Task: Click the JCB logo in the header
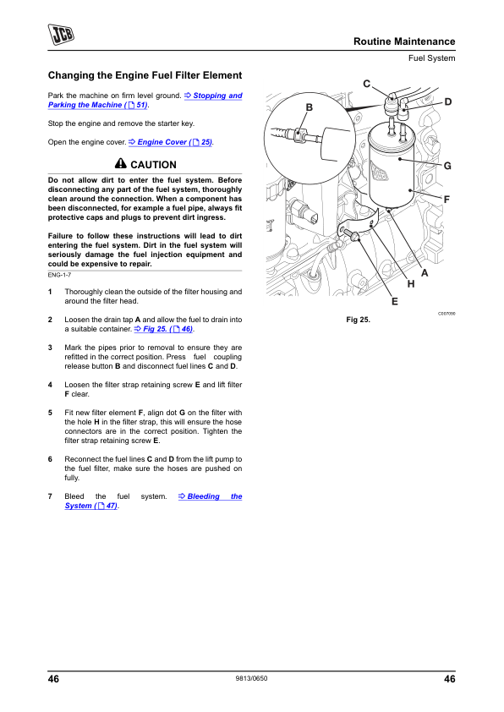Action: [61, 35]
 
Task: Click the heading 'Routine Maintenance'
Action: [404, 41]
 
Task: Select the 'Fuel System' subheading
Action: [431, 58]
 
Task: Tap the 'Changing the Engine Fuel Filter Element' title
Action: [145, 75]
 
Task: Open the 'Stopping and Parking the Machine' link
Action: [145, 100]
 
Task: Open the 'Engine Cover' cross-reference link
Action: [171, 142]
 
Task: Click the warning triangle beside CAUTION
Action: [120, 163]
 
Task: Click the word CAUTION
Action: [153, 165]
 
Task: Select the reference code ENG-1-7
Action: [59, 275]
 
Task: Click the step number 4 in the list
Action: [50, 385]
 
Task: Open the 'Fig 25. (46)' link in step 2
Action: [164, 329]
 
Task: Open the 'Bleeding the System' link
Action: [153, 501]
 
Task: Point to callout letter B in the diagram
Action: [310, 107]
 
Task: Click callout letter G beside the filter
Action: [447, 166]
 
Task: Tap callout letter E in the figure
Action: [395, 302]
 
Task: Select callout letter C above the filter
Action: [367, 84]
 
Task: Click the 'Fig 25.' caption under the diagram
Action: [358, 320]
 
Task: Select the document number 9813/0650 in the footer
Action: [251, 678]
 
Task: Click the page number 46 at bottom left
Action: [53, 679]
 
